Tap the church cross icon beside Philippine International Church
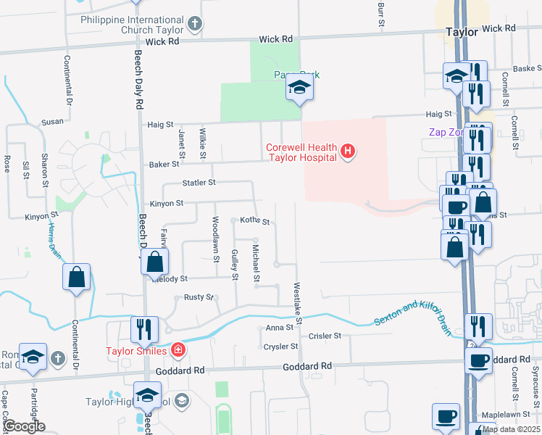[x=193, y=25]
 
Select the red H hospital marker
[x=349, y=151]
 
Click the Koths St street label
[x=254, y=220]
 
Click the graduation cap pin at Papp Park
[x=298, y=88]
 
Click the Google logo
[x=24, y=426]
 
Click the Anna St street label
[x=278, y=328]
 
